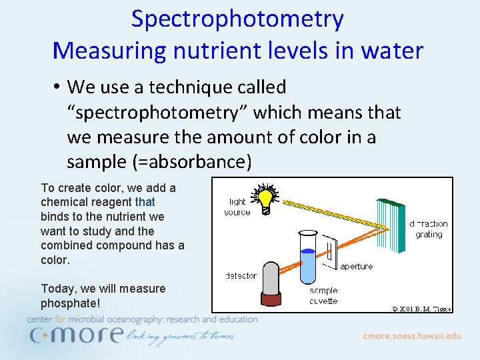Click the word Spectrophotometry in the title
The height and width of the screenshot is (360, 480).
pos(237,19)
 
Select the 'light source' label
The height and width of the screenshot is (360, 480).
pos(237,207)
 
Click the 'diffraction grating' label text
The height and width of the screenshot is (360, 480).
pos(429,229)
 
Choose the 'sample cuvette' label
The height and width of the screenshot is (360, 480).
pos(323,295)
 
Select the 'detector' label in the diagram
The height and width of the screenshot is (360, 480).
pos(241,275)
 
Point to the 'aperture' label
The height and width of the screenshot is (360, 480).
pos(357,266)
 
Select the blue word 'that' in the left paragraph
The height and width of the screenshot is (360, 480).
pos(145,202)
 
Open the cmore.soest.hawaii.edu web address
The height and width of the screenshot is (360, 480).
pos(411,336)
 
